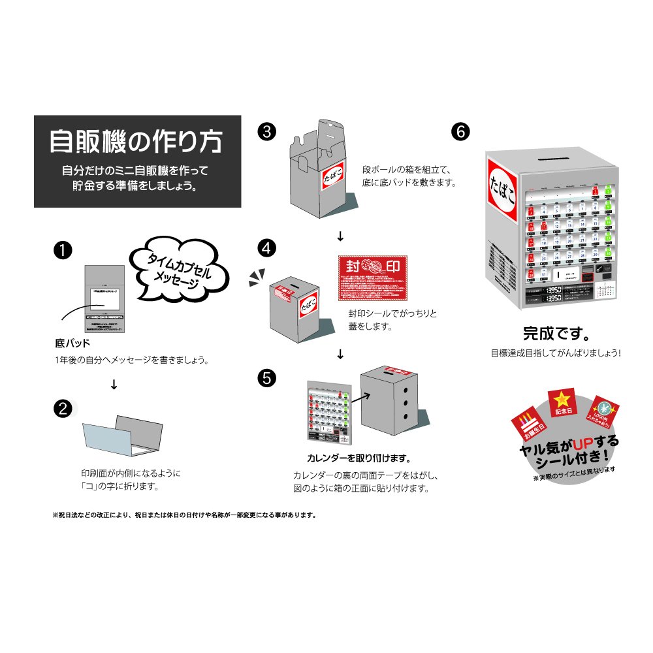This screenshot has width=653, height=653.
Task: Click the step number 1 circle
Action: click(63, 250)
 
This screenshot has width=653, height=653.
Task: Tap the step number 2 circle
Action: click(63, 409)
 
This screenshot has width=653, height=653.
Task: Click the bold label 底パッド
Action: click(72, 343)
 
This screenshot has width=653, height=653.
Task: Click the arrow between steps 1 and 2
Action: click(114, 385)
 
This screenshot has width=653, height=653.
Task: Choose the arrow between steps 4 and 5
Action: click(340, 355)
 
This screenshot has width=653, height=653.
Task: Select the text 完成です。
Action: click(556, 334)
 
